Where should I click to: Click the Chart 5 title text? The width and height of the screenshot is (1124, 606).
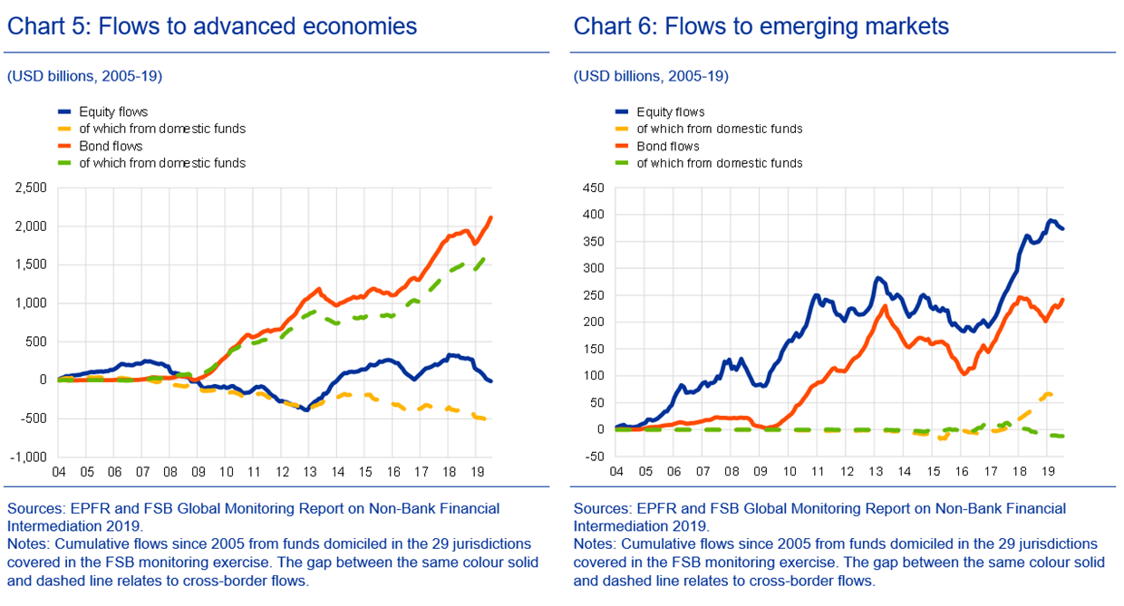click(x=212, y=26)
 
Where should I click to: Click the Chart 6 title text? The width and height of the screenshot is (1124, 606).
click(x=761, y=26)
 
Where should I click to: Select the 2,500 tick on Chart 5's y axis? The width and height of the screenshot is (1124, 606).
click(x=32, y=188)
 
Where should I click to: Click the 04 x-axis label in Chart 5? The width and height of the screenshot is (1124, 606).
click(x=57, y=473)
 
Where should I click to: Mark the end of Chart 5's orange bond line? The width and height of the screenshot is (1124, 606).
click(x=491, y=216)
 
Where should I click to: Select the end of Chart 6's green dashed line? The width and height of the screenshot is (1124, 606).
click(x=1062, y=437)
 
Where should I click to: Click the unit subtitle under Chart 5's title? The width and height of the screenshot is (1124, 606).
click(x=84, y=76)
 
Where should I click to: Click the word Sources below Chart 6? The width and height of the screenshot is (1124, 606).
click(x=601, y=508)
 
